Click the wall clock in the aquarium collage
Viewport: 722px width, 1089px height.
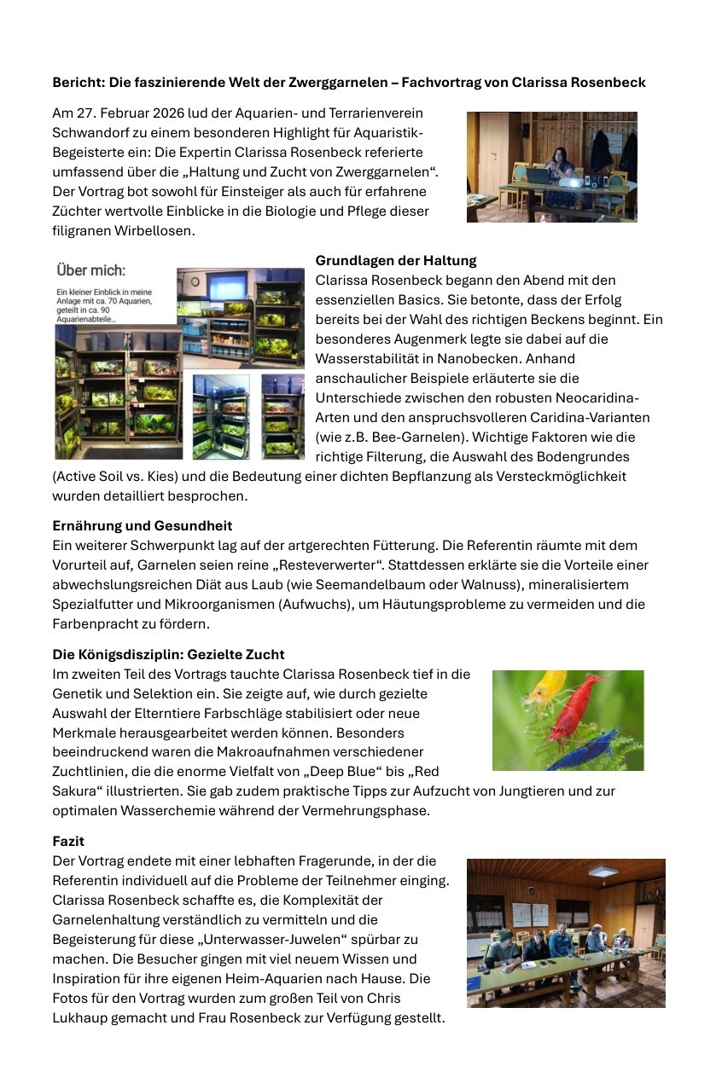coord(195,282)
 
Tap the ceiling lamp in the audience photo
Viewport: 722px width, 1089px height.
coord(603,871)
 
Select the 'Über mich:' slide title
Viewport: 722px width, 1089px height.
coord(90,270)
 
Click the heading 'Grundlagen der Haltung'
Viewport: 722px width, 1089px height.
coord(396,260)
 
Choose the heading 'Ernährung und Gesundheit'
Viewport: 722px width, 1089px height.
coord(143,525)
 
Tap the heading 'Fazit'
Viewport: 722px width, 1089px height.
coord(68,841)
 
